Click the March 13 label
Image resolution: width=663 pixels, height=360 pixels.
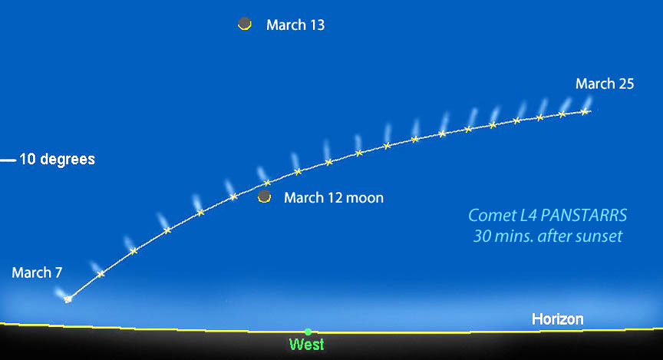(295, 25)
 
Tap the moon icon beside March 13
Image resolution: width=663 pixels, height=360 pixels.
(245, 24)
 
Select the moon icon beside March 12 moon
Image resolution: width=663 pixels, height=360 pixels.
(265, 197)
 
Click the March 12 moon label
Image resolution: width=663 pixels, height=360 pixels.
(334, 198)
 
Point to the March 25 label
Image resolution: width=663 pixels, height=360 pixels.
(605, 84)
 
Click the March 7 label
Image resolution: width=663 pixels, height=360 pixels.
(37, 272)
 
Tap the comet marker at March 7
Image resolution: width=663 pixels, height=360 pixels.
(68, 299)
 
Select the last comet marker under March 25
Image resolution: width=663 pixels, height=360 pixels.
(584, 111)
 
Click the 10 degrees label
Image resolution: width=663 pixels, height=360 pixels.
(57, 160)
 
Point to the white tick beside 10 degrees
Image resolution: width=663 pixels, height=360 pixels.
(8, 160)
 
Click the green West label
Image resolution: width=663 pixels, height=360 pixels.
(306, 345)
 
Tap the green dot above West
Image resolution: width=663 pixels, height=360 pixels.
(308, 332)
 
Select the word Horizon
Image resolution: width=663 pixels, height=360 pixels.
(558, 319)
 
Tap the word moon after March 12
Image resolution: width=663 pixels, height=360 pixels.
(365, 198)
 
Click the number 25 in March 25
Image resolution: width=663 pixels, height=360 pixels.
(625, 84)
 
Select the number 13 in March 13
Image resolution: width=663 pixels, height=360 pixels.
(316, 25)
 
